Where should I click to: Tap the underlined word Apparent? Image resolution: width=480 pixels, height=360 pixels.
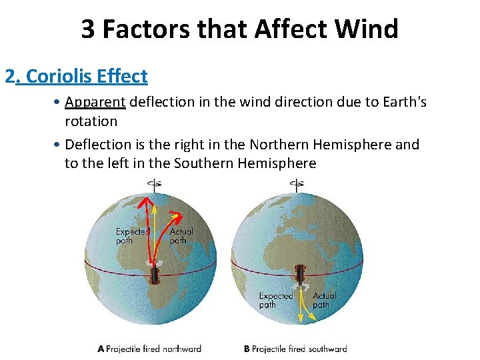(95, 103)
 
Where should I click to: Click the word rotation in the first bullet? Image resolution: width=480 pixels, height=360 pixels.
(91, 121)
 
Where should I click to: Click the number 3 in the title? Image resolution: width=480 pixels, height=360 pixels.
(88, 29)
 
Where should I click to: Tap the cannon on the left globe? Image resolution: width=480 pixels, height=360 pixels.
(155, 273)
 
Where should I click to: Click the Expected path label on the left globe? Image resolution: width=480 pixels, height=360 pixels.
(132, 236)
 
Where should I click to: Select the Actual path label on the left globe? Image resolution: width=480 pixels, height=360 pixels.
(181, 236)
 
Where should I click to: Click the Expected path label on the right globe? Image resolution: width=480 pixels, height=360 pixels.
(275, 300)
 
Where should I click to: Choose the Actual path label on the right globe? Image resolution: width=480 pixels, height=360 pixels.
(324, 300)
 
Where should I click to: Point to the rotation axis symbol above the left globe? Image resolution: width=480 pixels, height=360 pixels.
(155, 185)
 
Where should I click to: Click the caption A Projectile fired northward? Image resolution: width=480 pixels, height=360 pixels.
(149, 349)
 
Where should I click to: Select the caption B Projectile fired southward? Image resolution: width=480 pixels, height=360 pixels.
(295, 349)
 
